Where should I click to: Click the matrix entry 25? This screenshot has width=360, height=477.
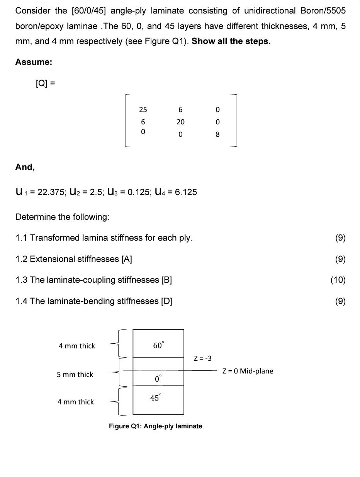tap(143, 110)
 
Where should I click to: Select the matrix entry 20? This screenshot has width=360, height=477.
tap(180, 122)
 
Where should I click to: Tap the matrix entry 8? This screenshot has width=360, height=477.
tap(217, 134)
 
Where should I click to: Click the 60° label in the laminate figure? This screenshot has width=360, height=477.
tap(158, 345)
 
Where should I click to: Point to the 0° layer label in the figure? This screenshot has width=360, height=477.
tap(158, 379)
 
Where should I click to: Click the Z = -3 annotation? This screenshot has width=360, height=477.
tap(202, 358)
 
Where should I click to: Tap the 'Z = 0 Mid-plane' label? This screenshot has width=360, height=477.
tap(248, 371)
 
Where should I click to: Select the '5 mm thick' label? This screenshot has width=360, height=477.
tap(75, 375)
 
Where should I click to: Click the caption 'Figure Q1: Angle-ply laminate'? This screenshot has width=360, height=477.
tap(155, 426)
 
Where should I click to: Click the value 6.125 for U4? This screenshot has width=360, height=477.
tap(186, 192)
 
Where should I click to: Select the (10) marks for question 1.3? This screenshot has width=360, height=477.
tap(338, 280)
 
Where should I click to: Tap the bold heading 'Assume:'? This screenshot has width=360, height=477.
tap(34, 62)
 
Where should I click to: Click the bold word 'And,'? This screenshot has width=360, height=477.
tap(25, 167)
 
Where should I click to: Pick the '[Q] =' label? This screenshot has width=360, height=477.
tap(45, 83)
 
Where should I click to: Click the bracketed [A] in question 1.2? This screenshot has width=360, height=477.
tap(127, 259)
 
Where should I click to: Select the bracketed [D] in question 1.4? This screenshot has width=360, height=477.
tap(166, 301)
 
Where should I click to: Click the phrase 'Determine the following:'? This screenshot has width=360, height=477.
tap(62, 217)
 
